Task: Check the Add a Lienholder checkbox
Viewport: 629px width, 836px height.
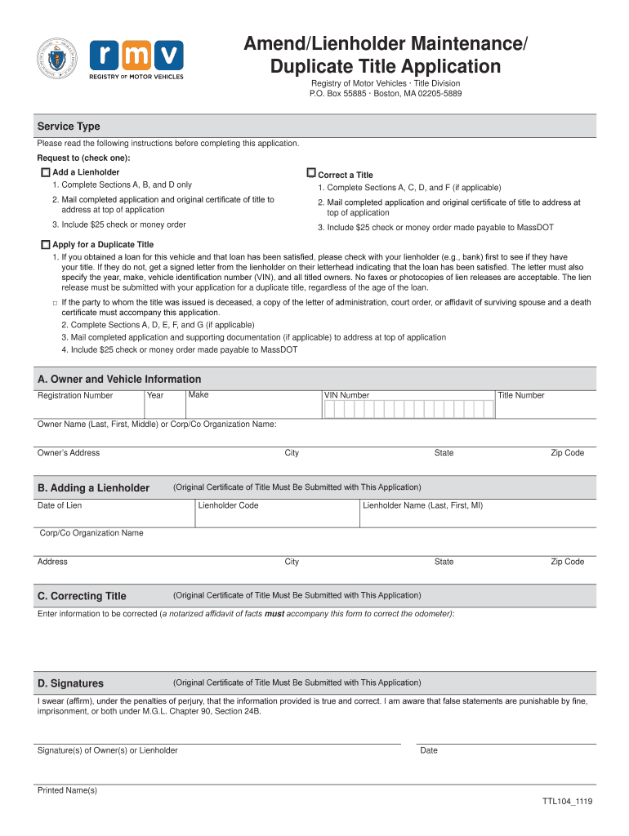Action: tap(45, 172)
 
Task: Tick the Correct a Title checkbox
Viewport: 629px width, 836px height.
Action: tap(310, 173)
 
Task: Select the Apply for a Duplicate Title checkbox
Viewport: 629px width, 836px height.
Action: tap(45, 244)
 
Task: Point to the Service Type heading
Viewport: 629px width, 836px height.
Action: tap(69, 127)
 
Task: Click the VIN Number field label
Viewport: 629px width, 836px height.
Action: tap(346, 395)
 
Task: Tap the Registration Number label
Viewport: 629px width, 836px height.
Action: tap(75, 396)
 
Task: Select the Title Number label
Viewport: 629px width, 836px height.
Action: tap(520, 395)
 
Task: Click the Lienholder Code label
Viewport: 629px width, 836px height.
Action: tap(228, 505)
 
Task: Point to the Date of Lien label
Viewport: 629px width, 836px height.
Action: tap(60, 505)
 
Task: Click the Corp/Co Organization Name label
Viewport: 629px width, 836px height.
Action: tap(91, 533)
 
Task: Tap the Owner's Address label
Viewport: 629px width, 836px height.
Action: tap(69, 453)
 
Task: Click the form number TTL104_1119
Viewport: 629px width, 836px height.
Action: tap(567, 802)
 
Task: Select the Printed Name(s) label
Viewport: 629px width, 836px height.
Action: tap(67, 790)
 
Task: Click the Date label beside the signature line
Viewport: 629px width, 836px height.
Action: tap(428, 750)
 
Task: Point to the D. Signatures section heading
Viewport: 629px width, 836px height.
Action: tap(70, 683)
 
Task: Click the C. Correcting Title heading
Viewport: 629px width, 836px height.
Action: tap(82, 596)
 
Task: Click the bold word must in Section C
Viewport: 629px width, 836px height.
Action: tap(274, 613)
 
